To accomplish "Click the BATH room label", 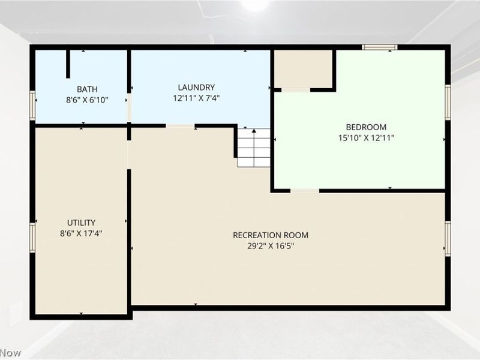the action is click(x=87, y=89).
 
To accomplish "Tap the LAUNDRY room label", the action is click(x=196, y=87).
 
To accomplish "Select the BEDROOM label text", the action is click(x=366, y=127).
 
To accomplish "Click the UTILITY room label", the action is click(x=81, y=223).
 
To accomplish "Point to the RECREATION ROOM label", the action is click(x=271, y=235).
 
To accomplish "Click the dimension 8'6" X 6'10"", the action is click(x=87, y=100).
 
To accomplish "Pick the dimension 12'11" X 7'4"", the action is click(x=197, y=98).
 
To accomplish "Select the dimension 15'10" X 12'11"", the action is click(x=366, y=138).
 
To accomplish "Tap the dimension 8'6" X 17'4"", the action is click(x=81, y=233).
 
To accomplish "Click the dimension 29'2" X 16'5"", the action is click(x=271, y=246).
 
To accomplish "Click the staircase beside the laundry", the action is click(x=254, y=148).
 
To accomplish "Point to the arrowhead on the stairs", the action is click(x=254, y=131).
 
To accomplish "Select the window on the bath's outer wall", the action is click(x=32, y=105).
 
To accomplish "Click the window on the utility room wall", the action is click(x=32, y=238).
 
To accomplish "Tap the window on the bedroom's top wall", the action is click(x=380, y=47).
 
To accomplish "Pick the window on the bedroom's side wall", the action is click(x=448, y=102).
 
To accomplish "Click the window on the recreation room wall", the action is click(x=448, y=238).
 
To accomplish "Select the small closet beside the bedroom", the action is click(x=303, y=69).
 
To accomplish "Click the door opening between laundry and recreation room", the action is click(x=181, y=126).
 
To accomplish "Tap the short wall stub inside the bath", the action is click(x=68, y=64).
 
